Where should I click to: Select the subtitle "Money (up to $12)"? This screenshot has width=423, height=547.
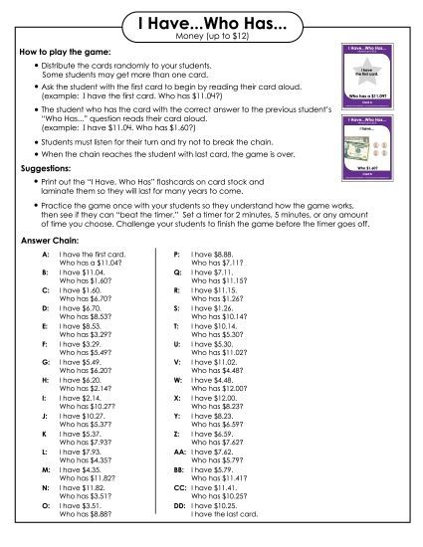[x=211, y=37]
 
